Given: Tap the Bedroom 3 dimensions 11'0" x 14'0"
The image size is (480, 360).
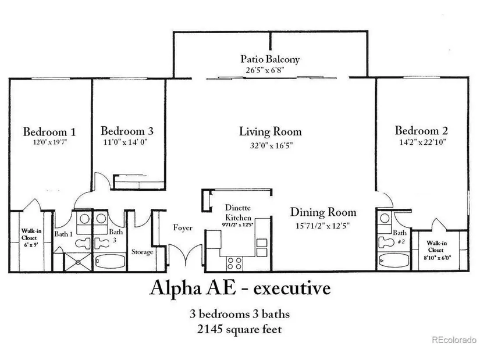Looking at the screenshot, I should [x=126, y=142].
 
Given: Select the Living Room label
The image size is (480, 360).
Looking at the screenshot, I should [x=271, y=131].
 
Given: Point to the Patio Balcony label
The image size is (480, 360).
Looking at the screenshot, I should [x=270, y=59].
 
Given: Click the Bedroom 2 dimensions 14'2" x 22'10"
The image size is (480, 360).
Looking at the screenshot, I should [x=421, y=142].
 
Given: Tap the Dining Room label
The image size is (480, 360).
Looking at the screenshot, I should [x=323, y=212].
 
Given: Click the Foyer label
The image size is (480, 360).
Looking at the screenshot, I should [x=183, y=228].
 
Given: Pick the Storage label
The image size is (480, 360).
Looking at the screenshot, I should [x=142, y=252].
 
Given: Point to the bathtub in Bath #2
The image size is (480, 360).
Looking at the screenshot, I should [x=391, y=261].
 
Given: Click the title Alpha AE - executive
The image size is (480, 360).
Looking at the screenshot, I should [x=240, y=288].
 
